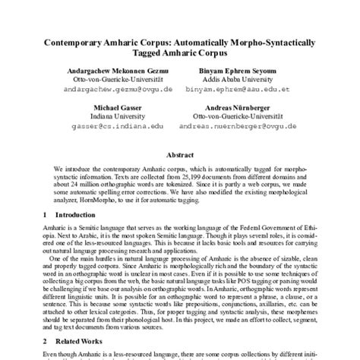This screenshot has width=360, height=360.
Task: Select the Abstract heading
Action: click(x=180, y=153)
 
